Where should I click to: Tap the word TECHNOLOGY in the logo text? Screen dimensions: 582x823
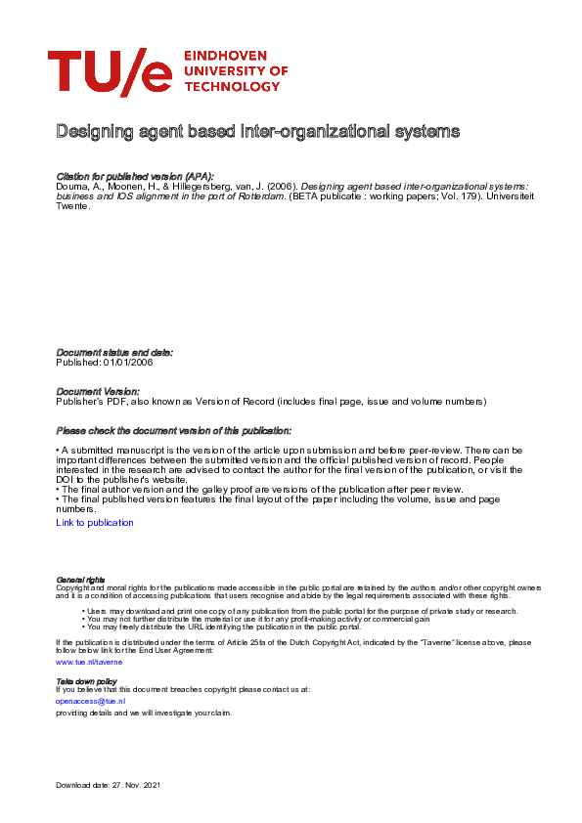(x=231, y=87)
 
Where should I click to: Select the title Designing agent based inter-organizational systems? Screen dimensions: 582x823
(x=257, y=131)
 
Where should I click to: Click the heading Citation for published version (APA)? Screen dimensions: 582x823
(x=135, y=175)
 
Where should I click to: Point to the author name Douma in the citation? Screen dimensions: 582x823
(x=72, y=185)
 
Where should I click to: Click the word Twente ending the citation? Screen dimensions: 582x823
(x=73, y=206)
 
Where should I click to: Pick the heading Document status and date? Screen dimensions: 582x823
(x=114, y=352)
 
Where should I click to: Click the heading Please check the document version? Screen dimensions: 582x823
(x=173, y=430)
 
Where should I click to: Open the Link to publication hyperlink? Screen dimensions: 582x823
(x=95, y=523)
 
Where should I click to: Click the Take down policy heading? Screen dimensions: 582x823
(x=86, y=680)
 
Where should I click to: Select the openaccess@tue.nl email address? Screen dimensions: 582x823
(x=90, y=701)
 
